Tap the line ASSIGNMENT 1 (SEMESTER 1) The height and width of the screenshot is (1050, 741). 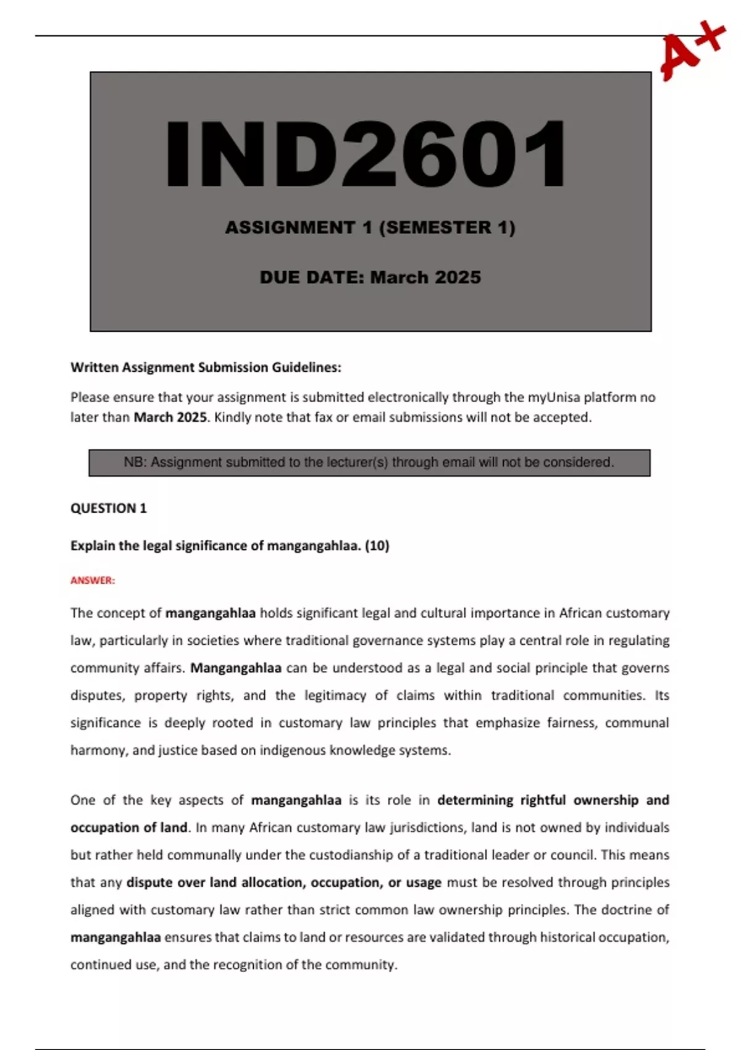(x=370, y=227)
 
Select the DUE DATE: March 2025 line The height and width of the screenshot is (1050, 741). (x=370, y=277)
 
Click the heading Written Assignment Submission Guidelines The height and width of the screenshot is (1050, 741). (x=206, y=367)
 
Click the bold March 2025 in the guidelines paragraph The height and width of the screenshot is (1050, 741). (x=170, y=418)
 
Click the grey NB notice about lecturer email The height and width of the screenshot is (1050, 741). (x=369, y=463)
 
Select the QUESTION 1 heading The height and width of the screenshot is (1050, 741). (x=109, y=508)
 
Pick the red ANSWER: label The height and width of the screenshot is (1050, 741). (x=93, y=581)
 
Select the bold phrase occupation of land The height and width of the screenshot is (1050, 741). (x=128, y=828)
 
